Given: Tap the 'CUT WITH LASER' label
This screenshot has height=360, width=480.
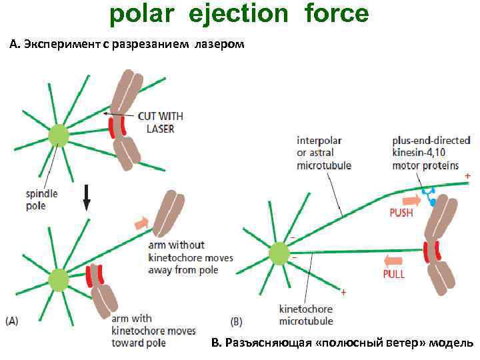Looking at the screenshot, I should coord(160,122).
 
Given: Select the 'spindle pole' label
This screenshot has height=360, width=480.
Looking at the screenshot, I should coord(42,199).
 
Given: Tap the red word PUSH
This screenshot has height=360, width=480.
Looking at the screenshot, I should coord(401,213).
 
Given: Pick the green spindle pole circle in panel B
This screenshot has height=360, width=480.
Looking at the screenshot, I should coord(280,254).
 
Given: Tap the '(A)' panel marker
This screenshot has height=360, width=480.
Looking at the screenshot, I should coord(13,321).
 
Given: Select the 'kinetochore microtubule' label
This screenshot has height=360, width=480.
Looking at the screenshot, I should coord(305,315).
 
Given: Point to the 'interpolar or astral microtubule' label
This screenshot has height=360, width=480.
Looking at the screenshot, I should coord(324,153).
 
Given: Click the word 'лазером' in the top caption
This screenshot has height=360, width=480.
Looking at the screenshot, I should coord(220,45).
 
